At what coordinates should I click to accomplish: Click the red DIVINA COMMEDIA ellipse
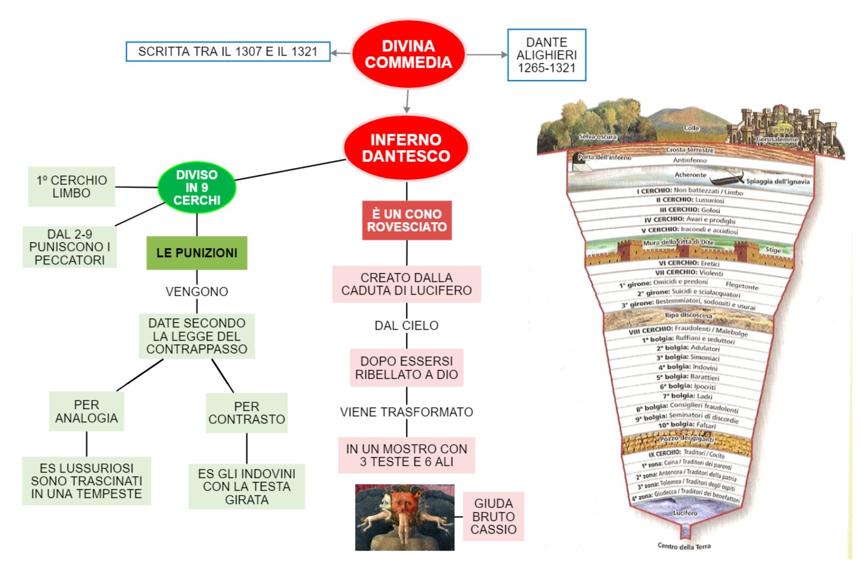pos(408,54)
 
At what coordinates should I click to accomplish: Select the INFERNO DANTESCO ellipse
pos(406,148)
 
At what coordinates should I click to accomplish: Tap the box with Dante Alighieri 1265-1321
pos(546,55)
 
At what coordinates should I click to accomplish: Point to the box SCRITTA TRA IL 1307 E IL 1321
pos(228,51)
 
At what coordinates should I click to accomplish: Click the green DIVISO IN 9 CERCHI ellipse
pos(197,188)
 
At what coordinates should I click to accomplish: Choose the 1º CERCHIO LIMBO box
pos(71,186)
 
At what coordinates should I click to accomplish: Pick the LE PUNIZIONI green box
pos(197,253)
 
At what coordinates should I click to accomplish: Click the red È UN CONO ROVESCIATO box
pos(407,220)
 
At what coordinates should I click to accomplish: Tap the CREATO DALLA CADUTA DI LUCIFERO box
pos(406,284)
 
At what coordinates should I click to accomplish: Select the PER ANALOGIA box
pos(87,411)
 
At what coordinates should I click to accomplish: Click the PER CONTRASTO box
pos(246,413)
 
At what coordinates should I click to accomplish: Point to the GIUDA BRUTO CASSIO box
pos(493,516)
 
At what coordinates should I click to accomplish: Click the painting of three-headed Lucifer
pos(404,517)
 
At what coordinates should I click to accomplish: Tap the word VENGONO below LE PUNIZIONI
pos(197,292)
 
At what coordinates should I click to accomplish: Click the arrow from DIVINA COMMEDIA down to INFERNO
pos(407,101)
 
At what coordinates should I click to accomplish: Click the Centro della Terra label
pos(684,546)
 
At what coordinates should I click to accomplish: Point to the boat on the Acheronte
pos(727,180)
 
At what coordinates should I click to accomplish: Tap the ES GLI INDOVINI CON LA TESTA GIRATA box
pos(246,487)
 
